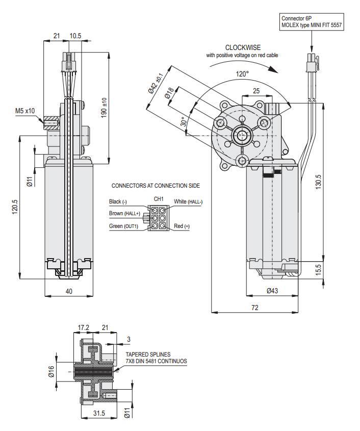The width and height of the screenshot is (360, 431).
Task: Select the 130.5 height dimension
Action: pos(318,183)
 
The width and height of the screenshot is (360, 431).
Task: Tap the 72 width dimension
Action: pos(254,308)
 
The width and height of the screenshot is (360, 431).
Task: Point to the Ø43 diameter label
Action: pos(272,291)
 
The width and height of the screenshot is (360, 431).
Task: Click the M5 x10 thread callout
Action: pos(25,111)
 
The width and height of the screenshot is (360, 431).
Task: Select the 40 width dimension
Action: pos(69,291)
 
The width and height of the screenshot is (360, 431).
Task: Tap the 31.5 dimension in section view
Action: pos(99,414)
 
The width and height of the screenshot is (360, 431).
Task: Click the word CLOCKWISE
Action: pos(243,47)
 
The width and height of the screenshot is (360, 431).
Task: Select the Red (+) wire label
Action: pos(182,226)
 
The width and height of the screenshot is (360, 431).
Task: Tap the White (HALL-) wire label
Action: pos(188,202)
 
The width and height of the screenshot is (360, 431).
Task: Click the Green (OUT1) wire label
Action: pos(123,226)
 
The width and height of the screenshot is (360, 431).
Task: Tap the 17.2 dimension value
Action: pos(83,327)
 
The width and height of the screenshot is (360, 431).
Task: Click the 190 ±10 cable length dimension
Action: pos(104,107)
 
